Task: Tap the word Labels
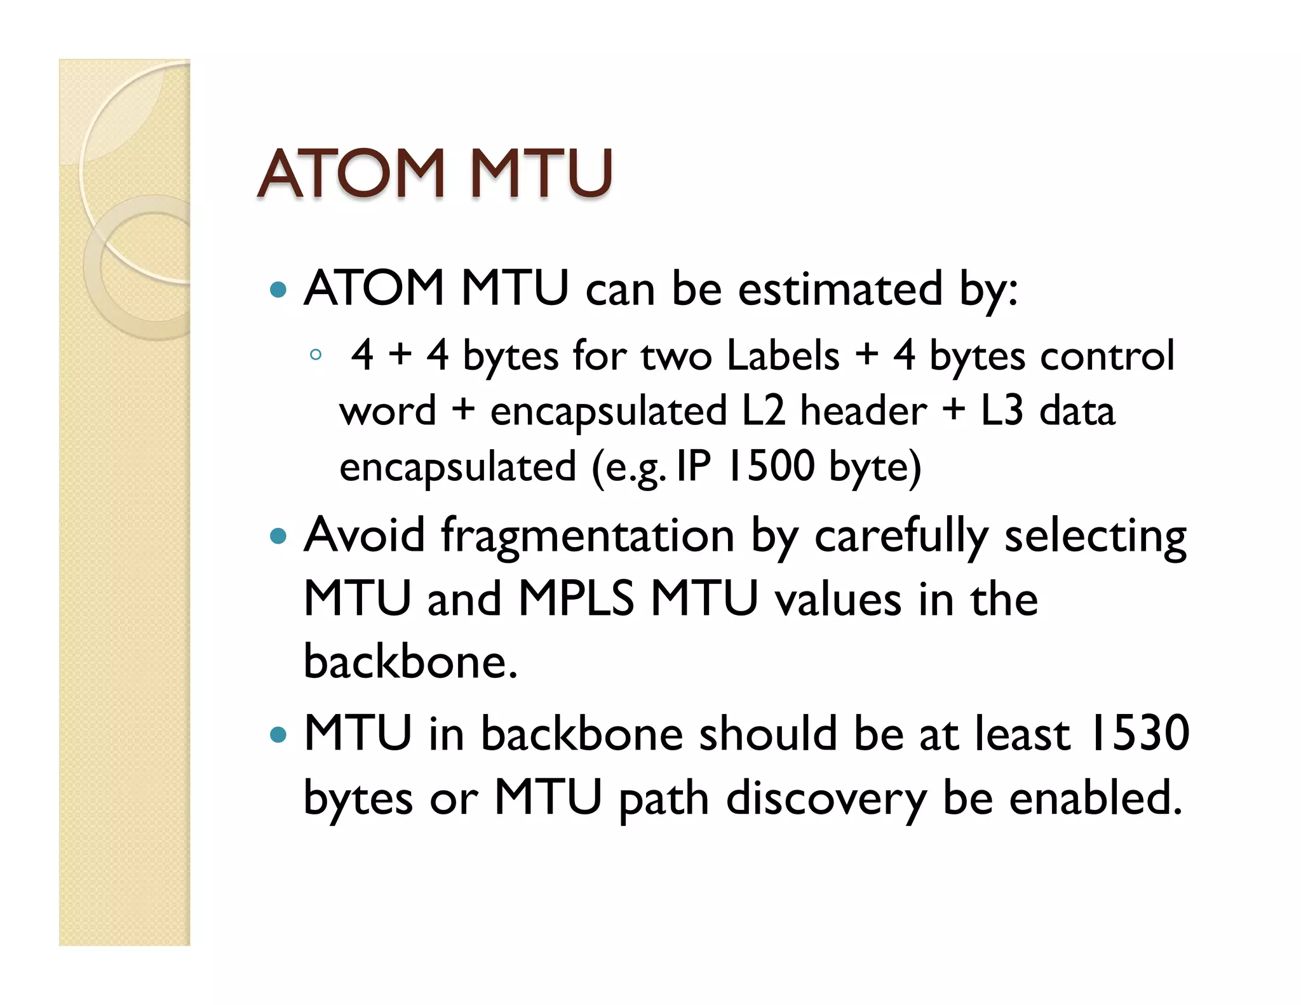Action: pyautogui.click(x=783, y=355)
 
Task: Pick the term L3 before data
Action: pyautogui.click(x=1002, y=410)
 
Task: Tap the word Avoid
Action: pyautogui.click(x=364, y=535)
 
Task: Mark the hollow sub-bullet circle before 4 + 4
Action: pyautogui.click(x=316, y=355)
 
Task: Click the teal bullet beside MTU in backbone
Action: pyautogui.click(x=278, y=735)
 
